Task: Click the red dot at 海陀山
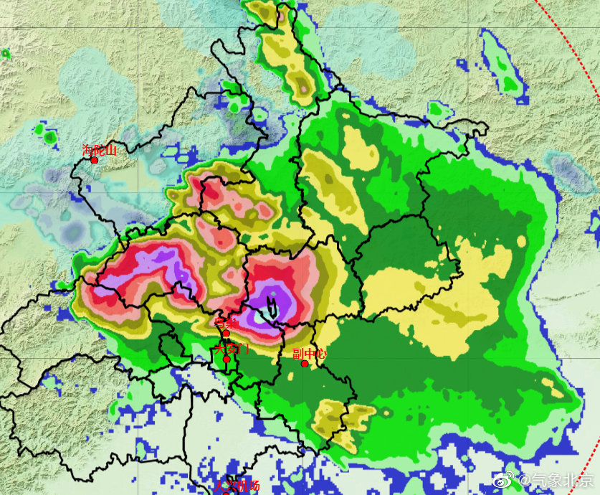(94, 160)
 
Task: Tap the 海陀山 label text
(99, 150)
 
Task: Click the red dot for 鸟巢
(226, 333)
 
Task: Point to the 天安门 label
(231, 349)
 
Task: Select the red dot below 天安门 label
(226, 359)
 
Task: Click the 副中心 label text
(310, 354)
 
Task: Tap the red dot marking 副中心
(305, 364)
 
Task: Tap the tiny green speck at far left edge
(5, 53)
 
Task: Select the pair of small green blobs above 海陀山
(46, 134)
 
